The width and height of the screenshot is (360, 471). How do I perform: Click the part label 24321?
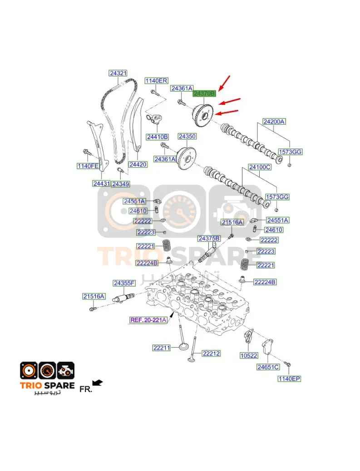tap(118, 73)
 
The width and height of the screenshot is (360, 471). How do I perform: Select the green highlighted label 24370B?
tap(204, 93)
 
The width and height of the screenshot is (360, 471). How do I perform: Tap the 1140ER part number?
tap(156, 80)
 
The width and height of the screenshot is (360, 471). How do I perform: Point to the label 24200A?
tap(274, 122)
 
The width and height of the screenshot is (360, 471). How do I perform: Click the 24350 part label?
tap(187, 137)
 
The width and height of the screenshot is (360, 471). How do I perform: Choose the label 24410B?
tap(158, 137)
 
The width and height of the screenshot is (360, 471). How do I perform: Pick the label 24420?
tap(138, 164)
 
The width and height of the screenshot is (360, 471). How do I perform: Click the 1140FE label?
tap(88, 166)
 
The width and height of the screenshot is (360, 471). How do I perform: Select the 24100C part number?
tap(260, 167)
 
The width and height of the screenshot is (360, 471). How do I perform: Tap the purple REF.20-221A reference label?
tap(148, 320)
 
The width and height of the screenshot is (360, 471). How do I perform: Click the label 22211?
tap(162, 348)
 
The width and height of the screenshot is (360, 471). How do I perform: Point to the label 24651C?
tap(268, 367)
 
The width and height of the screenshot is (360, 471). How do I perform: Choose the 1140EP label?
tap(289, 378)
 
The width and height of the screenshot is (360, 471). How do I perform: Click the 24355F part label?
tap(124, 283)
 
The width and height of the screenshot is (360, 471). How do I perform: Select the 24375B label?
tap(209, 239)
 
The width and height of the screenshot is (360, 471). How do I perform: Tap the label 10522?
tap(249, 355)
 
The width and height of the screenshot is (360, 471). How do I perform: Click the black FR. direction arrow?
tap(98, 383)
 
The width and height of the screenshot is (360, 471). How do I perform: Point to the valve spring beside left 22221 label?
tap(167, 246)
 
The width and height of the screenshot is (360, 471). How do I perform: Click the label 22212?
tap(211, 353)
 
